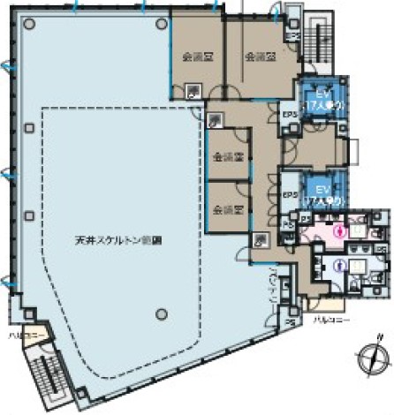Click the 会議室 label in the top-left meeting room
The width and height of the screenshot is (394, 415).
(195, 56)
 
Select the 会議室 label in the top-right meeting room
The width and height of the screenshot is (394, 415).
(257, 56)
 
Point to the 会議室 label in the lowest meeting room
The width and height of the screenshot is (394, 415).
(228, 209)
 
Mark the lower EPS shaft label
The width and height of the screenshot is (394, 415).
(288, 196)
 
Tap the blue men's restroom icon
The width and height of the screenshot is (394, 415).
(338, 265)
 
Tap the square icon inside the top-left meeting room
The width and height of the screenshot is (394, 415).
(193, 88)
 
